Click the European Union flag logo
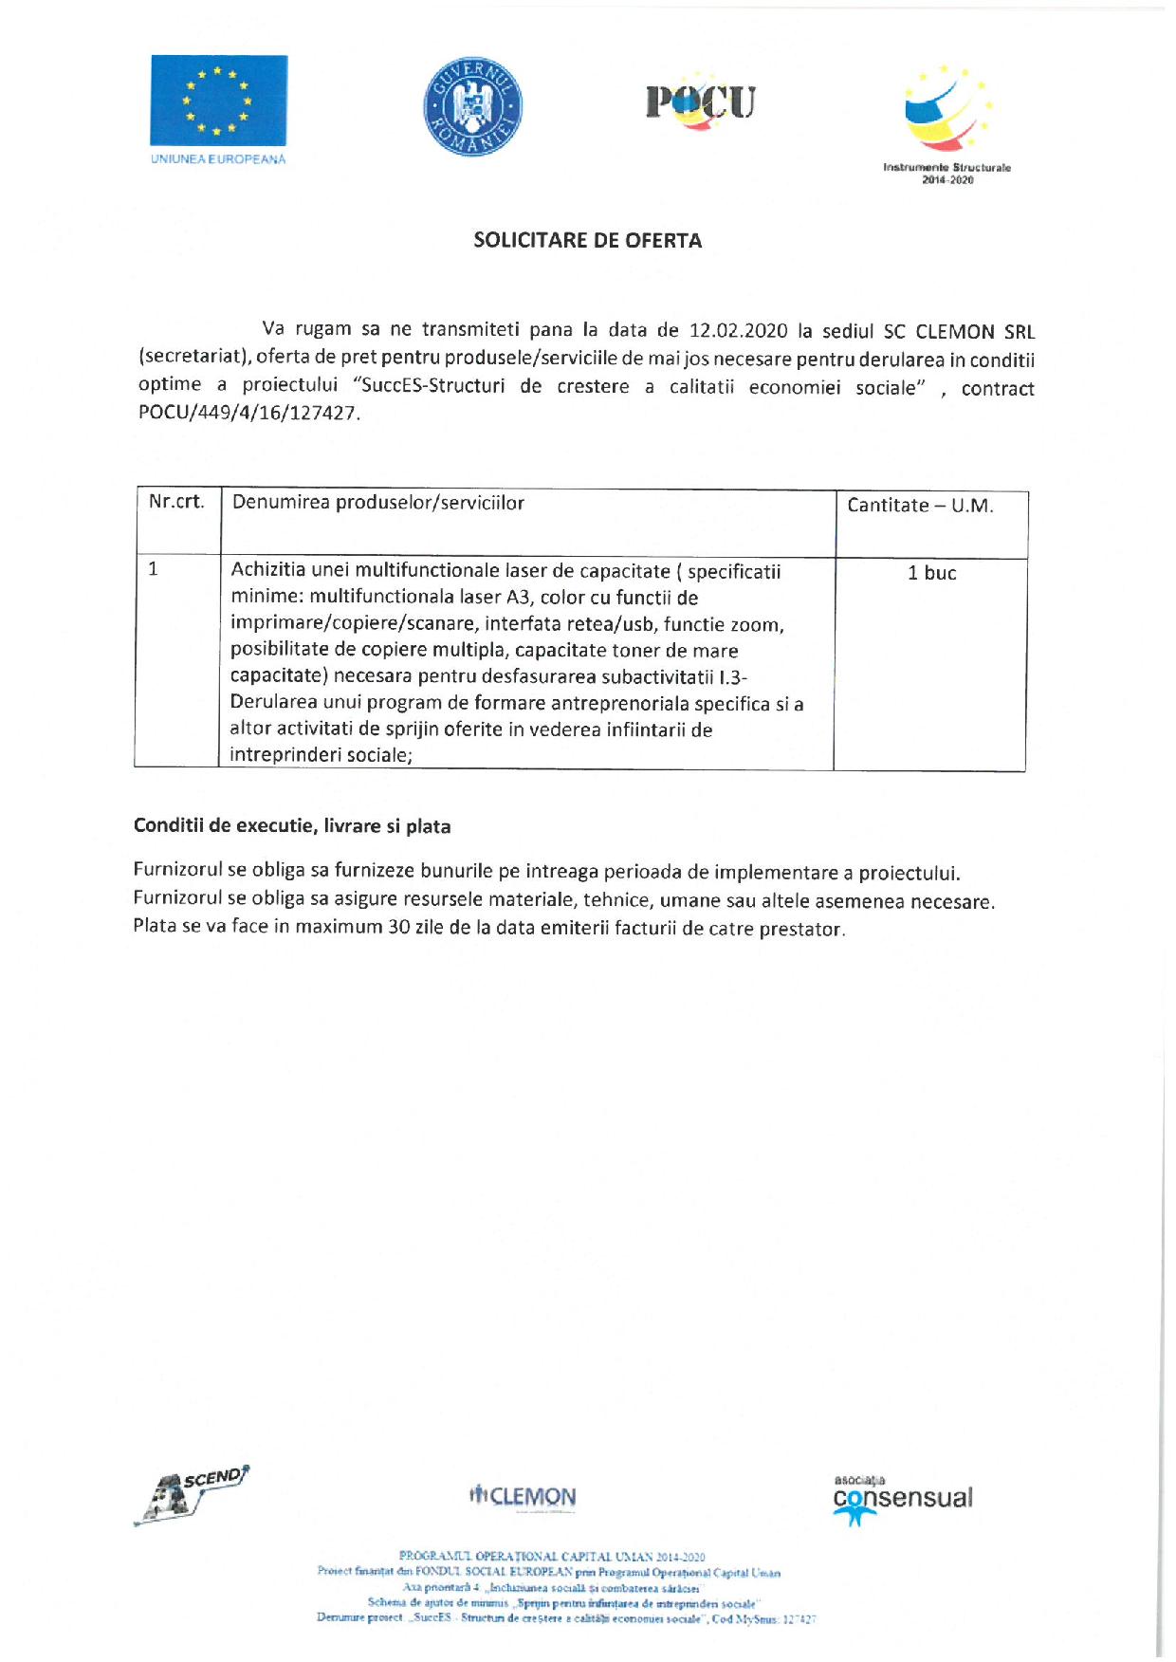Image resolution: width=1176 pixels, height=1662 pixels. click(218, 101)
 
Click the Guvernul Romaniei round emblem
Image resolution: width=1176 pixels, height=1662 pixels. click(472, 107)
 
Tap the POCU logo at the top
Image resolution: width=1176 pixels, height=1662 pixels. click(700, 102)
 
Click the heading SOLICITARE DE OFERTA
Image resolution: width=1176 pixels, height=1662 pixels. click(588, 241)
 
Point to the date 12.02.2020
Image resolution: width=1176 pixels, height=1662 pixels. click(739, 331)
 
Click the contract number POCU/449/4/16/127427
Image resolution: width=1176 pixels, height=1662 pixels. click(248, 414)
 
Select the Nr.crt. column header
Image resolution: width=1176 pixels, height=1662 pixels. click(176, 502)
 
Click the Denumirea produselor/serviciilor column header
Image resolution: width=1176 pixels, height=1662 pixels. click(377, 503)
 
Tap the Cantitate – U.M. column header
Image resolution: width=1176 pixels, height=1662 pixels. click(920, 506)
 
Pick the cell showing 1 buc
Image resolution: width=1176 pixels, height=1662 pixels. click(931, 573)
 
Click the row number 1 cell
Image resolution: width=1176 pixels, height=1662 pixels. click(154, 569)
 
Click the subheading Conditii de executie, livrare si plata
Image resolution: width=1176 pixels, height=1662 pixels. click(292, 826)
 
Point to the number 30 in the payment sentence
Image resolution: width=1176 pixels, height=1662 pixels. click(398, 927)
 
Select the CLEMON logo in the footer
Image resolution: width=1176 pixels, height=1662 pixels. click(523, 1497)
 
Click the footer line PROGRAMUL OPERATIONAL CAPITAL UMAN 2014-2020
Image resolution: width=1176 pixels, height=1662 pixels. click(552, 1557)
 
